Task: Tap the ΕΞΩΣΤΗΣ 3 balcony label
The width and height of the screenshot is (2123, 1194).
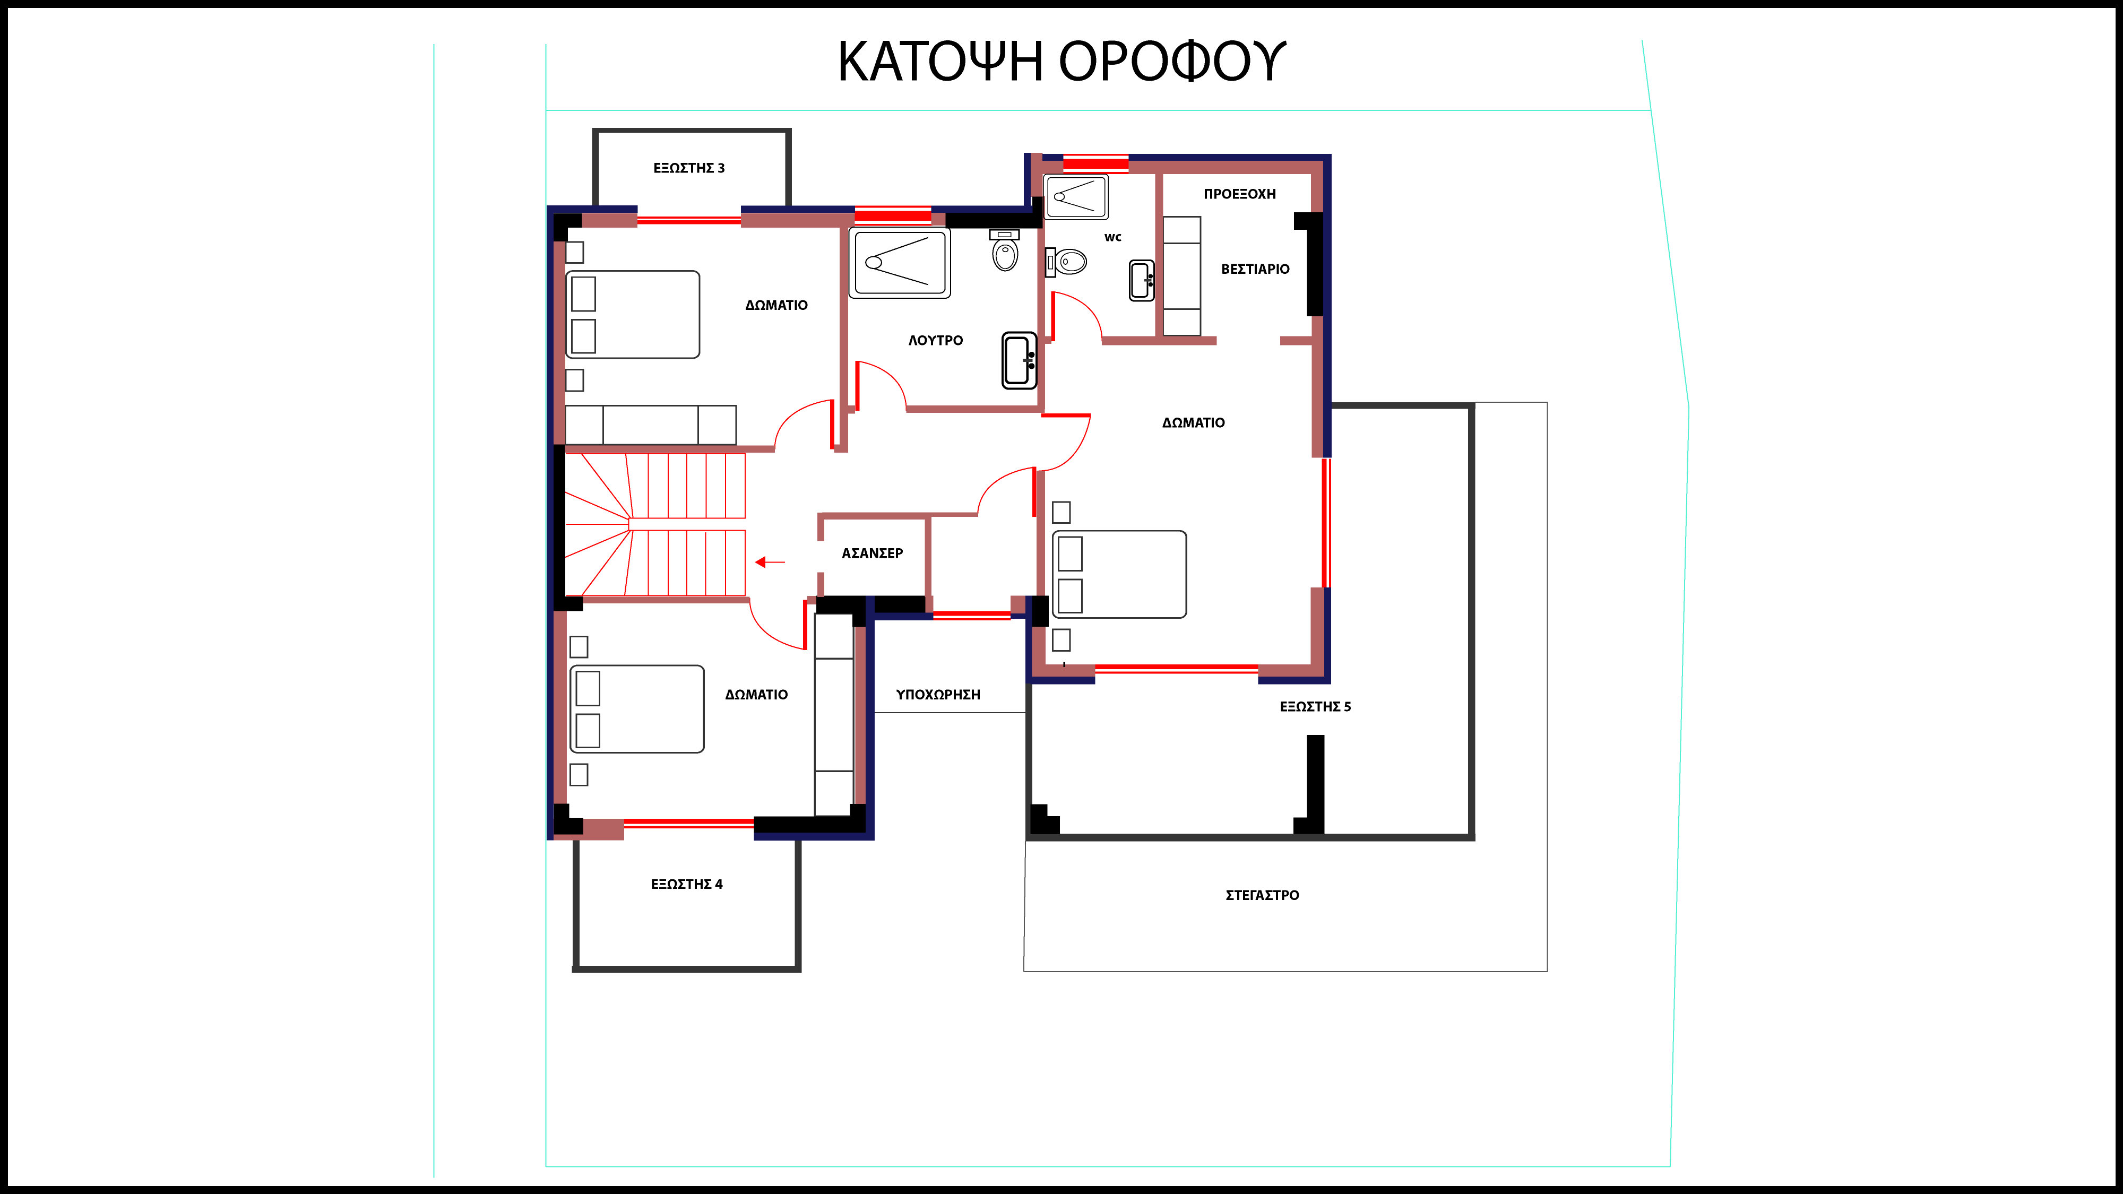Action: pyautogui.click(x=689, y=168)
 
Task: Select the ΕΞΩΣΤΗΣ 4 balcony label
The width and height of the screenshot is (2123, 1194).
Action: pyautogui.click(x=686, y=884)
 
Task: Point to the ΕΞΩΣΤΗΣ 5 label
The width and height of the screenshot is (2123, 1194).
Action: pyautogui.click(x=1315, y=706)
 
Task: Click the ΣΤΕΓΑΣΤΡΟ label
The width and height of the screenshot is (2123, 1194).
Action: pyautogui.click(x=1262, y=895)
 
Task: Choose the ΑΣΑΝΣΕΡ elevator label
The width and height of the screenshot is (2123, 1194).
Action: pyautogui.click(x=872, y=553)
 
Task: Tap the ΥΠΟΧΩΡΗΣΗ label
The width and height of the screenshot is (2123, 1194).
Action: pyautogui.click(x=938, y=695)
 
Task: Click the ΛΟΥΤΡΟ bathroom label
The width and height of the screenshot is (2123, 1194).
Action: pyautogui.click(x=935, y=340)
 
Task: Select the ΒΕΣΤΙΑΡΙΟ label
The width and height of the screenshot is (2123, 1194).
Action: pyautogui.click(x=1255, y=269)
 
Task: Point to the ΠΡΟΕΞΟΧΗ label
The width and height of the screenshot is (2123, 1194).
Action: pyautogui.click(x=1239, y=194)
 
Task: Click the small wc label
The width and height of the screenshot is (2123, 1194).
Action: pyautogui.click(x=1112, y=237)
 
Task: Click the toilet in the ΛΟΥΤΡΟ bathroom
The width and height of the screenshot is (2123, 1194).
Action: pyautogui.click(x=1005, y=250)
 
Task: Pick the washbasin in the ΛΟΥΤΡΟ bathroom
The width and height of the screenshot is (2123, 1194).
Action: pyautogui.click(x=1020, y=360)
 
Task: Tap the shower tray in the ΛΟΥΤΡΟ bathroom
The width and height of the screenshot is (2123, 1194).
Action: pyautogui.click(x=900, y=263)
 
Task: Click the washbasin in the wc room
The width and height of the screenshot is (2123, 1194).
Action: pyautogui.click(x=1142, y=280)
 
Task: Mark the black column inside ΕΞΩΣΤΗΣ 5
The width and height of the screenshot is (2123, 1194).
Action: pyautogui.click(x=1311, y=784)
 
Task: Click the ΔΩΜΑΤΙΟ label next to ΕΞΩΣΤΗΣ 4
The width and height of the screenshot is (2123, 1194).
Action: pyautogui.click(x=756, y=695)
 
